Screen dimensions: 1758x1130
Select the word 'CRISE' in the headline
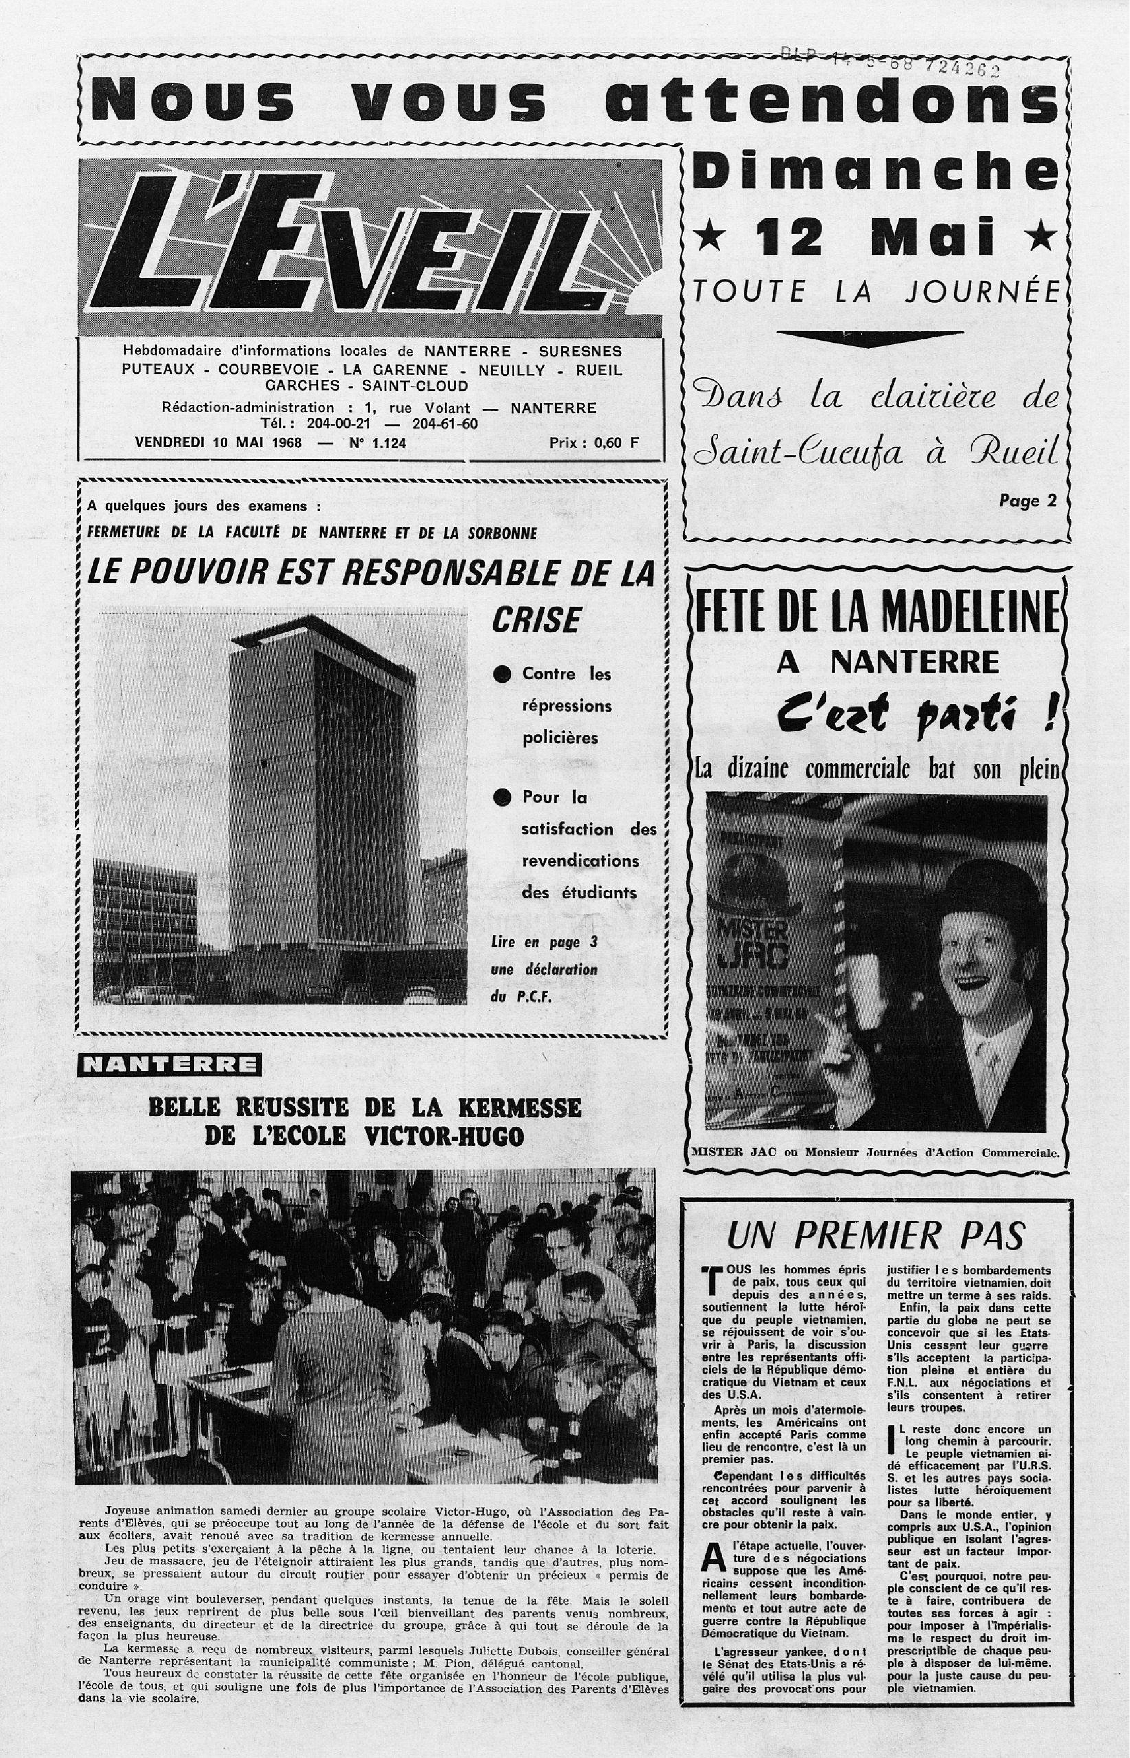point(536,621)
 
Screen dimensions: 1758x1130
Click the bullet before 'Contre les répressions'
point(502,675)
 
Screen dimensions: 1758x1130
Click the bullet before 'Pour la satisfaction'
point(502,798)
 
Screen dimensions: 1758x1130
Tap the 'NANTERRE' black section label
point(169,1064)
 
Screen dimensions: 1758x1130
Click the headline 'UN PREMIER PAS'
point(875,1236)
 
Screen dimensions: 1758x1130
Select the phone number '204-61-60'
point(444,423)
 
